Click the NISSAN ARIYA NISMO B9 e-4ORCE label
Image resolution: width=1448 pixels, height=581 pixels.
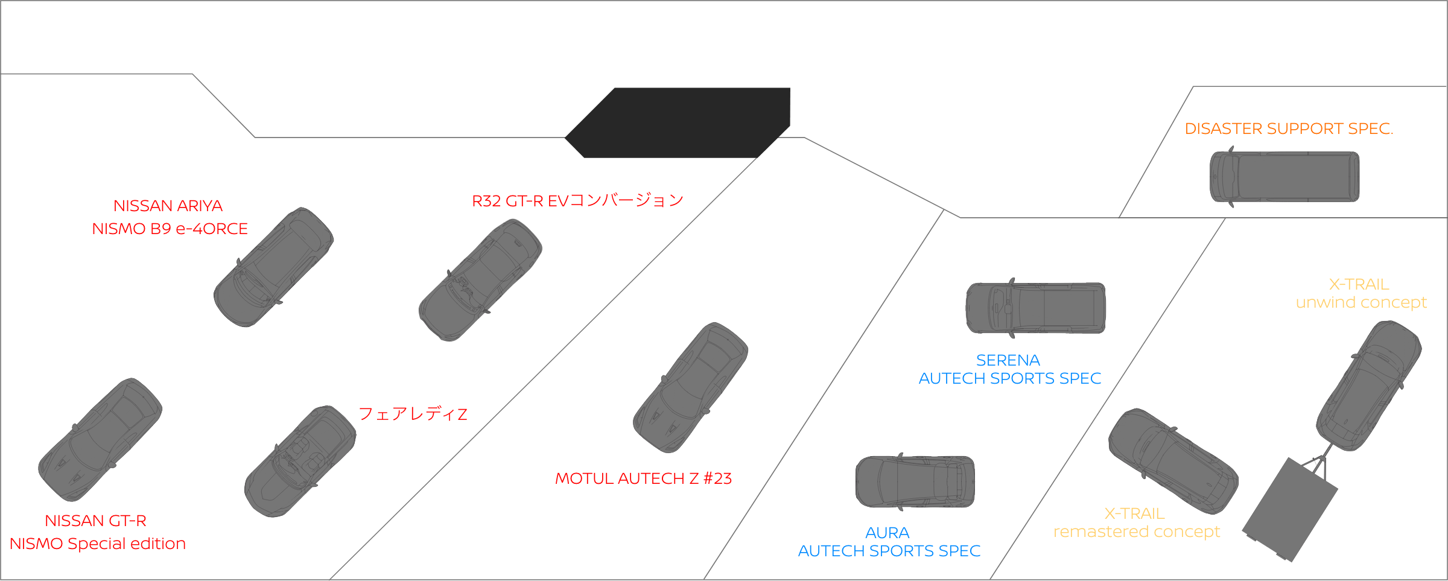[x=169, y=217]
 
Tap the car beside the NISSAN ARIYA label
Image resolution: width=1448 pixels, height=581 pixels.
[x=274, y=267]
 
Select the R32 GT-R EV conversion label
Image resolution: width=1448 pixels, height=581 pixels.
[x=577, y=200]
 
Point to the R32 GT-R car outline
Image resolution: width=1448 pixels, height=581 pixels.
[x=480, y=280]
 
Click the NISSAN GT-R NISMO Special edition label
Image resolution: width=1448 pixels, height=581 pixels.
[x=97, y=532]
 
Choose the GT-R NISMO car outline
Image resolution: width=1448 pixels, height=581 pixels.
[x=100, y=439]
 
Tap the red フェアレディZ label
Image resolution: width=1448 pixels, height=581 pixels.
[x=413, y=414]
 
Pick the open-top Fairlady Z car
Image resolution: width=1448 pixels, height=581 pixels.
[x=300, y=461]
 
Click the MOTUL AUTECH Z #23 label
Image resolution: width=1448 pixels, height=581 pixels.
[x=643, y=478]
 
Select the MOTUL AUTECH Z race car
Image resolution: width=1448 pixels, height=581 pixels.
[x=690, y=387]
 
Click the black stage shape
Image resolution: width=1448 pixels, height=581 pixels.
[x=677, y=122]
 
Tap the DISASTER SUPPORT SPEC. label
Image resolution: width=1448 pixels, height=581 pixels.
[x=1289, y=129]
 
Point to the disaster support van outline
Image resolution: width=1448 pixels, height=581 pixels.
[x=1284, y=177]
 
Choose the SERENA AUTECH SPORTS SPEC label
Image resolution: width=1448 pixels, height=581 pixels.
[x=1009, y=369]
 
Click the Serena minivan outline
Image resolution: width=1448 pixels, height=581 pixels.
[x=1035, y=308]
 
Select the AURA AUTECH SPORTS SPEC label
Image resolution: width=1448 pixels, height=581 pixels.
[x=889, y=542]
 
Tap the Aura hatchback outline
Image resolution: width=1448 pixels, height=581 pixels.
[x=915, y=481]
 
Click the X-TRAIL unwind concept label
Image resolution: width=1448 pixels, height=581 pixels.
[x=1361, y=293]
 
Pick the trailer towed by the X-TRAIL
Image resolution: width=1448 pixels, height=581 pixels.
[x=1290, y=510]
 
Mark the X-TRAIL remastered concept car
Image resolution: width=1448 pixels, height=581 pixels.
[x=1173, y=461]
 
